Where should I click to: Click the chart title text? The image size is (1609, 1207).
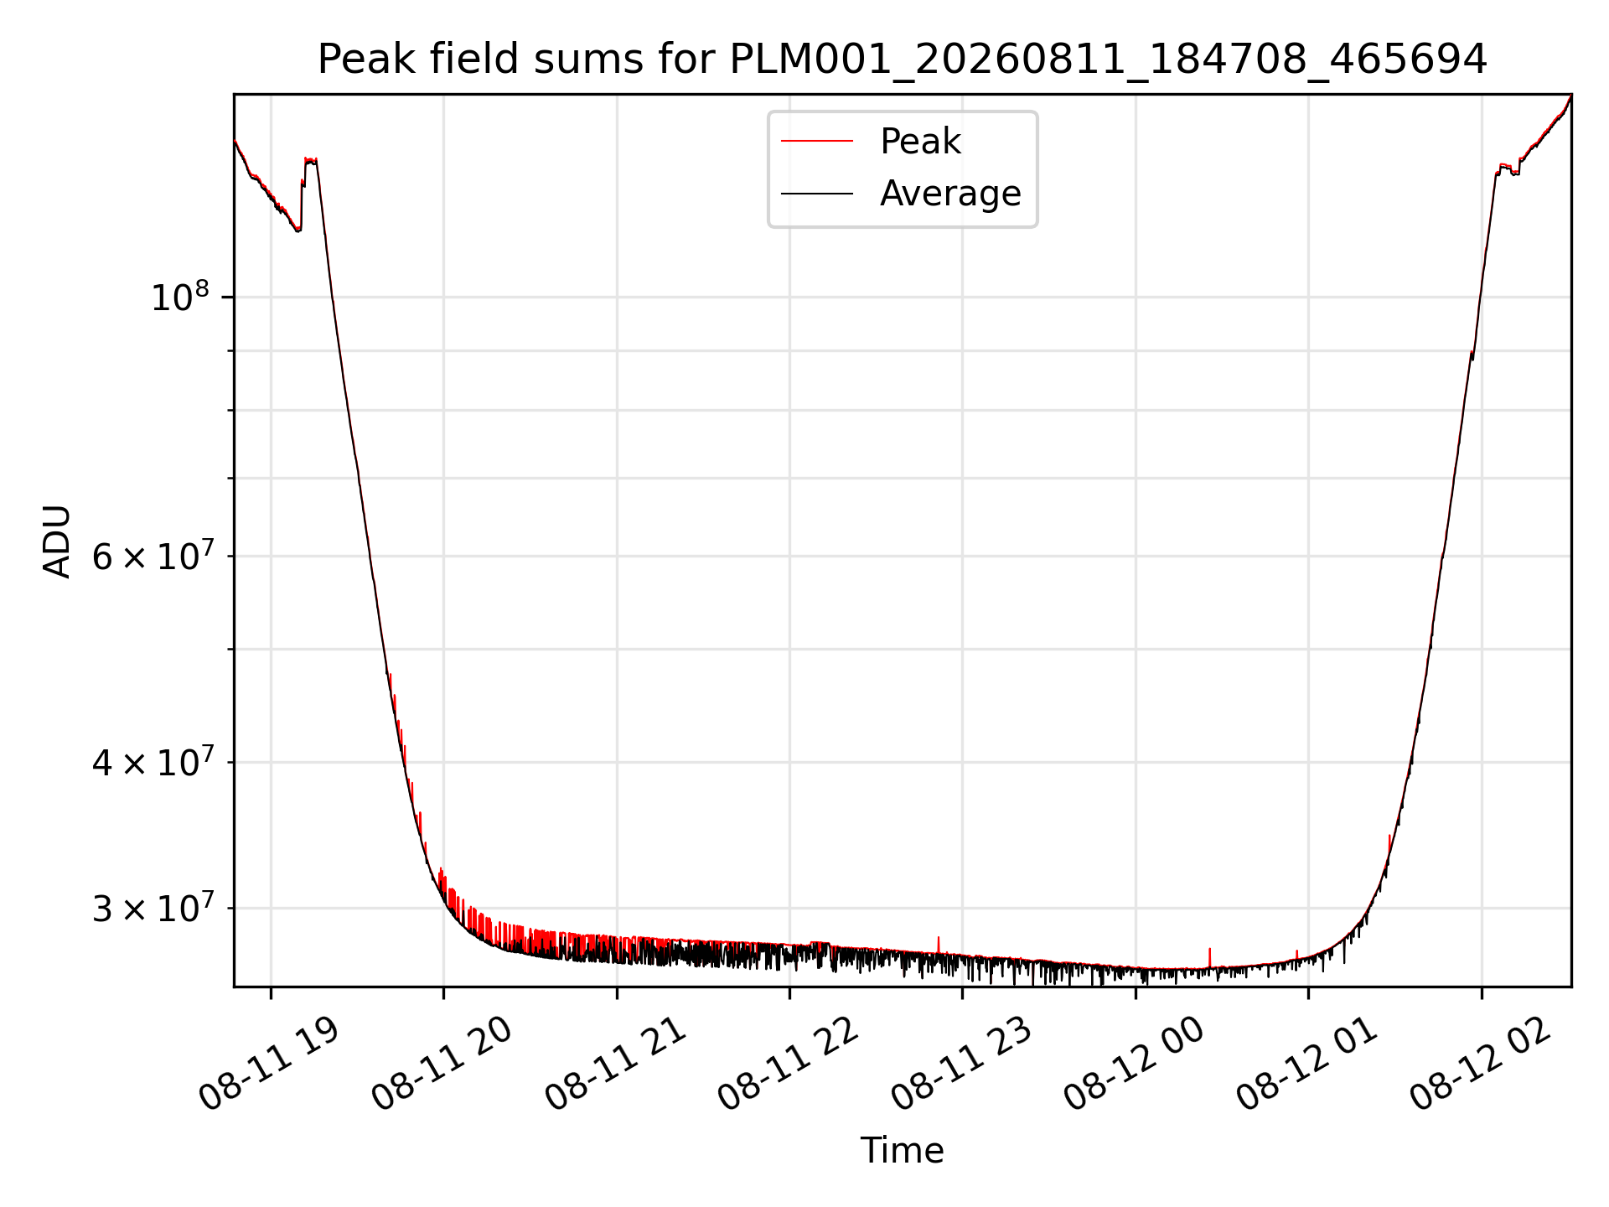(x=902, y=60)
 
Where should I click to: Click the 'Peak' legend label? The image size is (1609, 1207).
(x=920, y=142)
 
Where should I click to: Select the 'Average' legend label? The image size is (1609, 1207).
(x=950, y=194)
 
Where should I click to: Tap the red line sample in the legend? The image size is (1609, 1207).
(x=817, y=142)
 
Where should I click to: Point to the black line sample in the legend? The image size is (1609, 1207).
(x=817, y=194)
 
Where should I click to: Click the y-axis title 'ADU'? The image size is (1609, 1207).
(x=57, y=541)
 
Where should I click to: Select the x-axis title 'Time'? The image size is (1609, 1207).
(x=902, y=1151)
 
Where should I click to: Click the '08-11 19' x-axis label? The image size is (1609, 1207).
(x=269, y=1065)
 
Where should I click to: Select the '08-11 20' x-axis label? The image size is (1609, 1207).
(x=442, y=1065)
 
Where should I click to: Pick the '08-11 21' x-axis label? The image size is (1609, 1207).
(x=615, y=1065)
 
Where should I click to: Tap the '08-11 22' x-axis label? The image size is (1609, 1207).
(x=788, y=1065)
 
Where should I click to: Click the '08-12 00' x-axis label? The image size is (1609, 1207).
(x=1134, y=1065)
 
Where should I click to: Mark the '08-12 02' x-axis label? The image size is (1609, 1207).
(x=1480, y=1065)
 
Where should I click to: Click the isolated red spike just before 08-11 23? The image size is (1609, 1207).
(x=939, y=945)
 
